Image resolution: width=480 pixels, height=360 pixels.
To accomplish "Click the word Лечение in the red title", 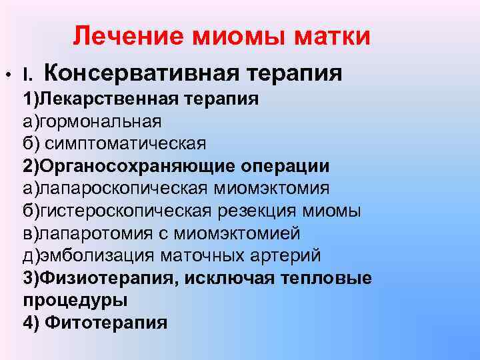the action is point(129,36).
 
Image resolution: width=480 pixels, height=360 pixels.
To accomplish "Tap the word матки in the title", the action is point(332,36).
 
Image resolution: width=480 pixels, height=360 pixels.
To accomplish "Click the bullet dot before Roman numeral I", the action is point(8,75).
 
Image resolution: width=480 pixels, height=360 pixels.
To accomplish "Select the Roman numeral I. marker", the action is point(27,75).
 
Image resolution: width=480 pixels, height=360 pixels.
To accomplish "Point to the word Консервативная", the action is point(141,73).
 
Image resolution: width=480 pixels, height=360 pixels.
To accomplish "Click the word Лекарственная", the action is point(109,99).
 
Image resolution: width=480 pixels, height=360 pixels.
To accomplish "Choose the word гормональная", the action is point(101,121).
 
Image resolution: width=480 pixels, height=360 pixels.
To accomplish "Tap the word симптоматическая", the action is point(125,144).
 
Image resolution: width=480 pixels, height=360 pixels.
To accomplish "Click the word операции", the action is point(285,166).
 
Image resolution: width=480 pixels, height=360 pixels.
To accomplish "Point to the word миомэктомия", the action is point(271,189).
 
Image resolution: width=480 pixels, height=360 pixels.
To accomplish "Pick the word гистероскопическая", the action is point(126,211).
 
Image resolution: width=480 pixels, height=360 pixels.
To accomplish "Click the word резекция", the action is point(257,211).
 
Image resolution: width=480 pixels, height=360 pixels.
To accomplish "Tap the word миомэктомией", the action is point(237,233).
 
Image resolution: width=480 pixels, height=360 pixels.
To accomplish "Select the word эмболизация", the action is point(97,256).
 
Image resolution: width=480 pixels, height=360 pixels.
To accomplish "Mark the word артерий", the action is point(285,256).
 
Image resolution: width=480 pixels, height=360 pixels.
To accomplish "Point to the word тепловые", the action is point(326,278).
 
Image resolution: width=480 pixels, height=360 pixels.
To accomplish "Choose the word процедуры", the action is point(75,301).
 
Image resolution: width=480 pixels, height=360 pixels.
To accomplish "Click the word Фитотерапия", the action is point(106,323).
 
